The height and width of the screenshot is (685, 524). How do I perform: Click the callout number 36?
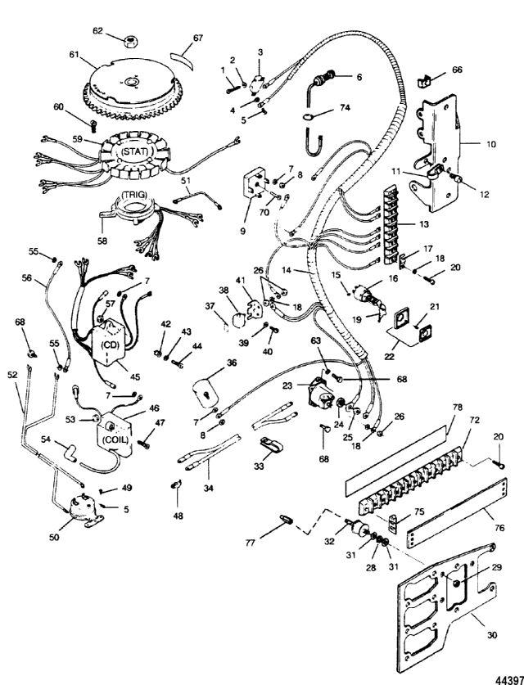(232, 363)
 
